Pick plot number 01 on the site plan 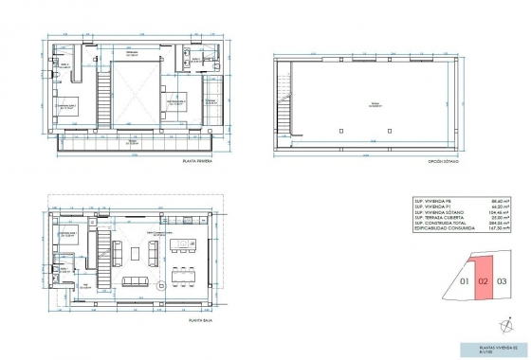tap(464, 281)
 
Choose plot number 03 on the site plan tap(502, 281)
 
